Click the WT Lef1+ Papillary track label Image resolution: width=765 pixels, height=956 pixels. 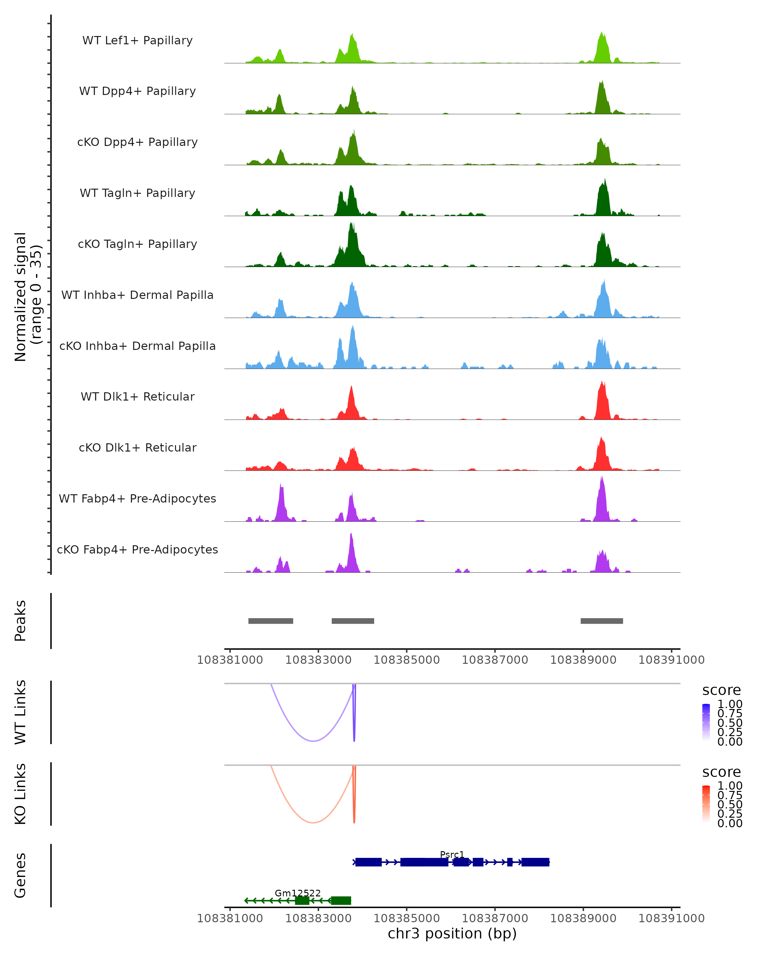pos(137,40)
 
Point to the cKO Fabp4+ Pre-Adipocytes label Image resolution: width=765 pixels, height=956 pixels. pos(137,549)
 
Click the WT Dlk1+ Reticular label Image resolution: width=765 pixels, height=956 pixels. pos(137,396)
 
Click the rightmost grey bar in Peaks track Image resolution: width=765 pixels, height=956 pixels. pos(601,621)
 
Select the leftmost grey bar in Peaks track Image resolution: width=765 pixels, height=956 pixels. pos(271,621)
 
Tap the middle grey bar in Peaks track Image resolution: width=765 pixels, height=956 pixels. pos(353,621)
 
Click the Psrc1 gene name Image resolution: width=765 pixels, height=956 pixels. pos(452,854)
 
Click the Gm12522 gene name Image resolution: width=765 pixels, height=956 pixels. pos(298,893)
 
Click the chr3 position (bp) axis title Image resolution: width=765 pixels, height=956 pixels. pos(452,933)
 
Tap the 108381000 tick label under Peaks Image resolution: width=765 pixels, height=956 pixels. pos(230,660)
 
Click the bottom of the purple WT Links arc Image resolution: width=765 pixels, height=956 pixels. pos(313,741)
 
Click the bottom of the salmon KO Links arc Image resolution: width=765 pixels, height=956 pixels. pos(313,822)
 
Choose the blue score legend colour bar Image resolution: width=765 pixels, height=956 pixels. pos(706,722)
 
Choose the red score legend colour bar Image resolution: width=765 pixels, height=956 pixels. pos(706,804)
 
